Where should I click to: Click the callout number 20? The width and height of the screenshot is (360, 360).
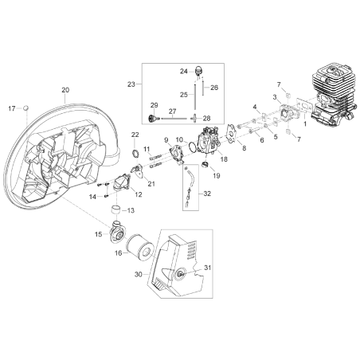65,90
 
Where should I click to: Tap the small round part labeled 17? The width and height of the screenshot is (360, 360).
25,108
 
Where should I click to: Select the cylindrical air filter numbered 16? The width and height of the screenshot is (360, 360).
140,248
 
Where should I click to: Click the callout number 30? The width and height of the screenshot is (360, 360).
139,274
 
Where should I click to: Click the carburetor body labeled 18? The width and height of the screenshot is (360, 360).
209,142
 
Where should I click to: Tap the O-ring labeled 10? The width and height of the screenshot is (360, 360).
192,147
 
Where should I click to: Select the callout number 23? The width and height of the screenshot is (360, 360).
131,84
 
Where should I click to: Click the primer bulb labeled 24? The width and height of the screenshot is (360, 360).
199,70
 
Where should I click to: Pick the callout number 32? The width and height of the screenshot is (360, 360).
207,194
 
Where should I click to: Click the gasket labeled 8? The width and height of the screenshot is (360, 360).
232,133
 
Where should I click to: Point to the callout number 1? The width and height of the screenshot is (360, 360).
305,123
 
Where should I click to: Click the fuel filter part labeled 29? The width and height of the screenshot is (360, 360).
154,117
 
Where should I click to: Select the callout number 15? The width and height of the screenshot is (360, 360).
99,234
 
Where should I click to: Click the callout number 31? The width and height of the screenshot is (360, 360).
207,268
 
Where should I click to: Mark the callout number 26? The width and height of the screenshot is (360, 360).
214,88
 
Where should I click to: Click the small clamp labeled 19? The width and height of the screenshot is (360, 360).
206,165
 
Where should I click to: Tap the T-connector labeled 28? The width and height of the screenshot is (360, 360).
195,118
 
